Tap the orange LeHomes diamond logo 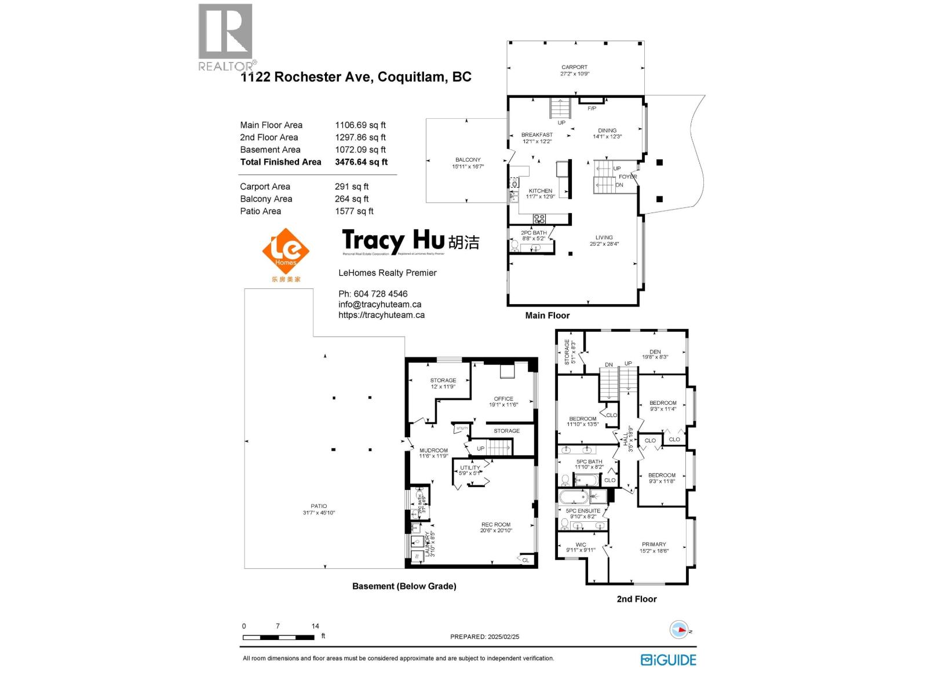(x=286, y=251)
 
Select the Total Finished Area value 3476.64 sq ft (x=361, y=162)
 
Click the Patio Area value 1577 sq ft (x=354, y=211)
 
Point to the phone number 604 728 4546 (x=380, y=294)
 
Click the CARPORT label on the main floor (x=574, y=67)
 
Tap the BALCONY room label (x=468, y=160)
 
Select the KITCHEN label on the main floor (x=540, y=191)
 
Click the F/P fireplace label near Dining (x=592, y=108)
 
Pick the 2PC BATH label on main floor (x=533, y=233)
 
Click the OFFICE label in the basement (x=503, y=399)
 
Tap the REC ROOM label (x=495, y=525)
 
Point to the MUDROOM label (x=433, y=451)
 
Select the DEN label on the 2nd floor (x=655, y=352)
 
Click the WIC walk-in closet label (x=581, y=545)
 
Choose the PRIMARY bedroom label (x=654, y=544)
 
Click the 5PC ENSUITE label (x=583, y=511)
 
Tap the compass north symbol (x=679, y=630)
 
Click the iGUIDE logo (x=669, y=660)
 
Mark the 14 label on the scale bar (x=315, y=626)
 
